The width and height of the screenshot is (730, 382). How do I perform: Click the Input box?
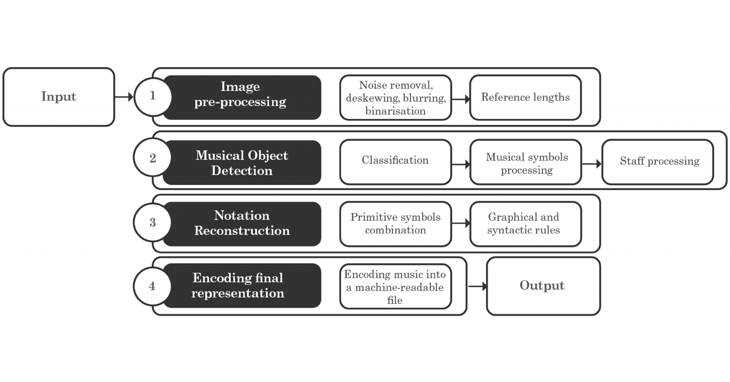[x=59, y=97]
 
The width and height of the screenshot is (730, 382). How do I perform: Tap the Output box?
[x=543, y=286]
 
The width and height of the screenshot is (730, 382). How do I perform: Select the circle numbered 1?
[x=153, y=97]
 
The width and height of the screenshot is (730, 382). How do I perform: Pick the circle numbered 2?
[x=153, y=157]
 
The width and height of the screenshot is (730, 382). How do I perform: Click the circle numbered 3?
[x=153, y=222]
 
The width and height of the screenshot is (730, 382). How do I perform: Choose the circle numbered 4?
[x=153, y=286]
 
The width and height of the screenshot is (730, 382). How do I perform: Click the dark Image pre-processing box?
[x=242, y=97]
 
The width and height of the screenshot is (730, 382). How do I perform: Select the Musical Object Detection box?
[x=242, y=162]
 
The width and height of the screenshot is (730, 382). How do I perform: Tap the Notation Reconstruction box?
[x=242, y=224]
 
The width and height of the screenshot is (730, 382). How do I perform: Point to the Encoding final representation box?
[x=242, y=286]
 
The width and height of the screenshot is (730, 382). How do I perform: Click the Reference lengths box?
[x=526, y=97]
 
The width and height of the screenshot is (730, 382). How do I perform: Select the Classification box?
[x=396, y=162]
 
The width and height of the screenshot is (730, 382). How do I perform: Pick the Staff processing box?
[x=658, y=162]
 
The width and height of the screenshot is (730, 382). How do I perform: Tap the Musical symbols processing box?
[x=526, y=162]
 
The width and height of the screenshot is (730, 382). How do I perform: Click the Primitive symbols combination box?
[x=396, y=224]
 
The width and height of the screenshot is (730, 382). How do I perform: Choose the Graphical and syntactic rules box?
[x=526, y=224]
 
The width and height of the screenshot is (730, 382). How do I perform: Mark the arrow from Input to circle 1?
[x=124, y=97]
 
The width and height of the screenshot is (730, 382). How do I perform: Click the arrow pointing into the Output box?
[x=477, y=286]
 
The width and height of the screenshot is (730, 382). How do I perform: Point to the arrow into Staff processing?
[x=592, y=164]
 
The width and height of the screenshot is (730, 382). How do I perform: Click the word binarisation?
[x=396, y=111]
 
